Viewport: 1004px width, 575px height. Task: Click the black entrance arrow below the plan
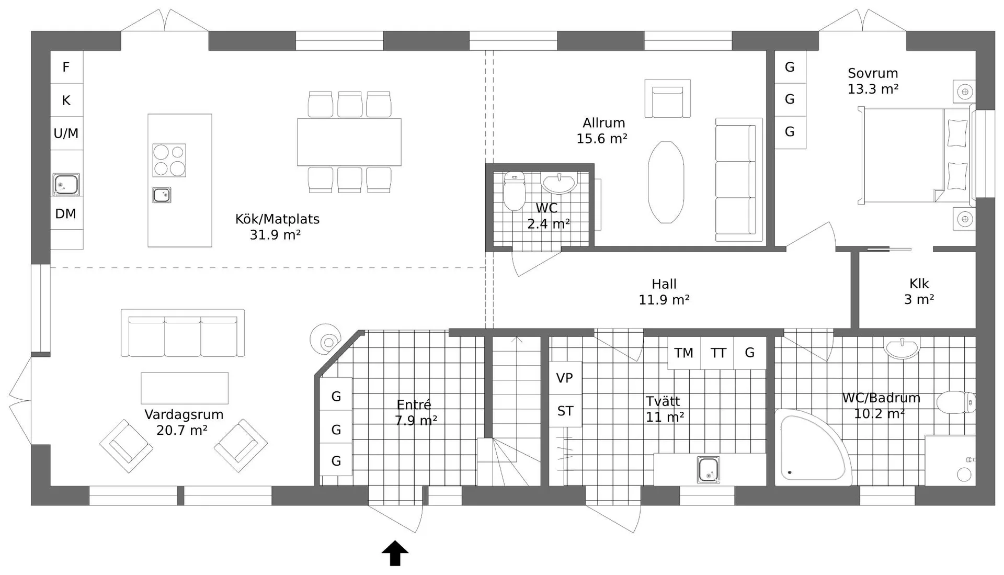395,553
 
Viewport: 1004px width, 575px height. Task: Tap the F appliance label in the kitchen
66,67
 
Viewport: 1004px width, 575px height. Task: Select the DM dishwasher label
66,213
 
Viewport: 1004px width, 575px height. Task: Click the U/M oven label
66,133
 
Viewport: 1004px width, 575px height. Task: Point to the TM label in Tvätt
683,353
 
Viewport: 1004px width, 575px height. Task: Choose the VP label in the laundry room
565,378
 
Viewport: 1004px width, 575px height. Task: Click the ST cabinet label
565,411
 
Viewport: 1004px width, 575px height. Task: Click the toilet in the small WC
514,191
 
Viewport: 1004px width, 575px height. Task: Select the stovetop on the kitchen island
169,160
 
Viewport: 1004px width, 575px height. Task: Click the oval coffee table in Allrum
666,182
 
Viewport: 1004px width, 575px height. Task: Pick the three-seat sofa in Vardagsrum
182,333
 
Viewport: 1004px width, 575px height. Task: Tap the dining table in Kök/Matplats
349,142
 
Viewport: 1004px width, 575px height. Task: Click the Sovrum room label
873,73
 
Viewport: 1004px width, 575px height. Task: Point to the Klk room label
919,284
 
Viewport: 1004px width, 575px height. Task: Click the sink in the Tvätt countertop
709,469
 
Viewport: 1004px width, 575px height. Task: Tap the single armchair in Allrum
667,98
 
